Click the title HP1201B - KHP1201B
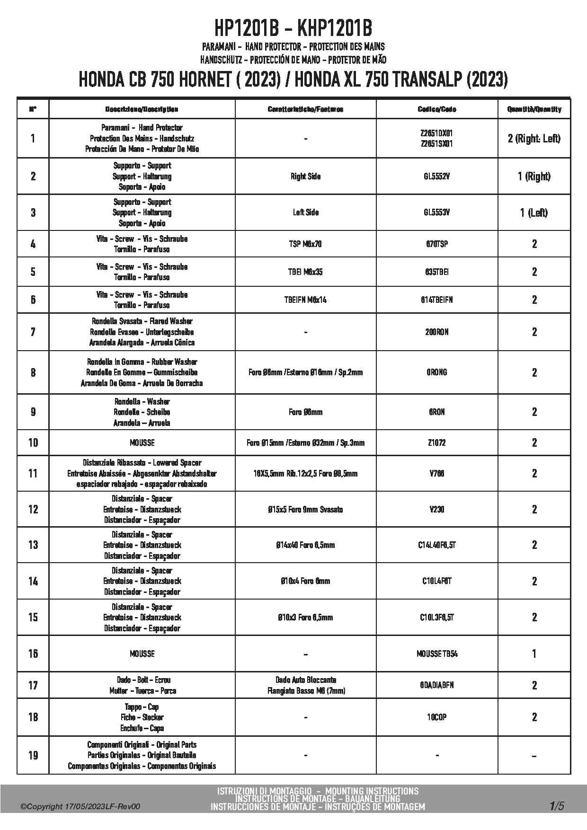[x=293, y=28]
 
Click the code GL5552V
[x=436, y=177]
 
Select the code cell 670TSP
[x=436, y=244]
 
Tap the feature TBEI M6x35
[x=305, y=272]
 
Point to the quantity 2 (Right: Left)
[x=534, y=139]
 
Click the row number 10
[x=33, y=443]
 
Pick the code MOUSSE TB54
[x=436, y=654]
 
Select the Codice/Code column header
[x=436, y=109]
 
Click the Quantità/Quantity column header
[x=534, y=109]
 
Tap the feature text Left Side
[x=305, y=212]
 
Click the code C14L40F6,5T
[x=436, y=545]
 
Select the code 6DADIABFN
[x=436, y=685]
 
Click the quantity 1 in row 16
[x=534, y=654]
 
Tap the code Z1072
[x=436, y=443]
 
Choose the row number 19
[x=33, y=755]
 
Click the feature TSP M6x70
[x=305, y=244]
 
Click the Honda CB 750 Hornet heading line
[x=293, y=79]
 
